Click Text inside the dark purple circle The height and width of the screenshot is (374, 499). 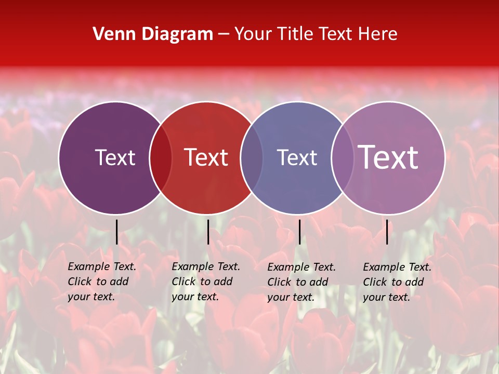[115, 157]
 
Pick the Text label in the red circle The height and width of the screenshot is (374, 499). [206, 157]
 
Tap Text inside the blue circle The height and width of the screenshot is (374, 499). [297, 157]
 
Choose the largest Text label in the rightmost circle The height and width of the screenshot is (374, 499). [388, 157]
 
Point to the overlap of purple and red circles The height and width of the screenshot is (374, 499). [161, 157]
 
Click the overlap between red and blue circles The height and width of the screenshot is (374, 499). [252, 157]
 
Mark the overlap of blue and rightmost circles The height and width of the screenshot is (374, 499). [343, 157]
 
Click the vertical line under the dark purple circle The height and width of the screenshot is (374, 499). [117, 232]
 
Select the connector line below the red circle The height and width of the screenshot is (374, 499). [208, 232]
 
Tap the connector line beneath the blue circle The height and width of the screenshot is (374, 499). [299, 232]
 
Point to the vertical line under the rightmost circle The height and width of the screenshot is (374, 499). [387, 232]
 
